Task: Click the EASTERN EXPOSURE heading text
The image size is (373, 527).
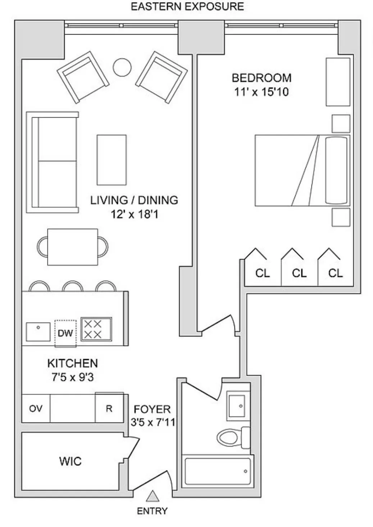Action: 187,6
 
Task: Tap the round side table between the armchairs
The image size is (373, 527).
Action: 122,67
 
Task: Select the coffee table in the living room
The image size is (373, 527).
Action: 112,160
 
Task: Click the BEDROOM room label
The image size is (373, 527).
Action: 261,78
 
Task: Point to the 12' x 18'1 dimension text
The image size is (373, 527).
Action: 134,214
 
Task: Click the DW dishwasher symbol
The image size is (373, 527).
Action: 65,333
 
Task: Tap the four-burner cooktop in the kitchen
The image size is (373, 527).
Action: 96,329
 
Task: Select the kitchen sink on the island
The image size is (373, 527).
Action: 38,331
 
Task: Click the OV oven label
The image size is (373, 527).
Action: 36,408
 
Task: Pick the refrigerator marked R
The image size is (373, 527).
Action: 109,408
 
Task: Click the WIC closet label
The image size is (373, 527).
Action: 70,461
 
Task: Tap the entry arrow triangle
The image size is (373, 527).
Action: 153,496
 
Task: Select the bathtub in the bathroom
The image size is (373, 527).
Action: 217,471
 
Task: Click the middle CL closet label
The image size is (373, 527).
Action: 299,273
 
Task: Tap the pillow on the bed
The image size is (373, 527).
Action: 337,171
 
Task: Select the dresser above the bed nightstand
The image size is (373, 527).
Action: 338,82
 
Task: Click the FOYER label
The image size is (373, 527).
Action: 152,409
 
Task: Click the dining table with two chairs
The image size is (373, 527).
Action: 73,247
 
